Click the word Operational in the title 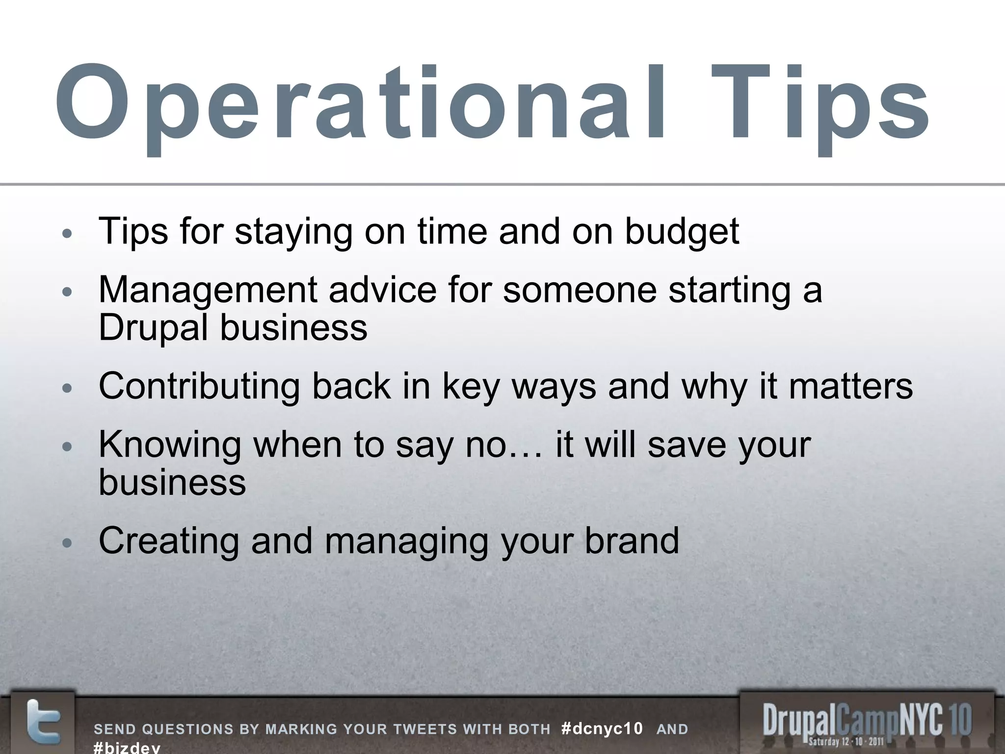coord(361,106)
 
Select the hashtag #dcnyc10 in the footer coord(602,729)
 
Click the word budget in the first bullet coord(682,232)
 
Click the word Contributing coord(199,386)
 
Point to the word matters coord(851,386)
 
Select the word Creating coord(169,540)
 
